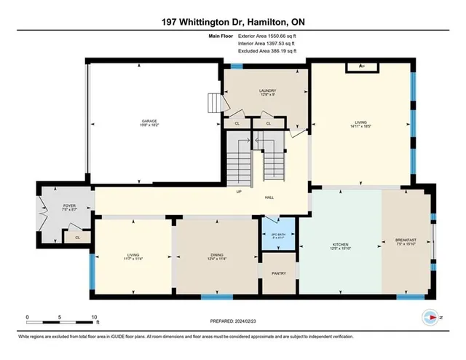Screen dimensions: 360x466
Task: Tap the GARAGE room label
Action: [149, 121]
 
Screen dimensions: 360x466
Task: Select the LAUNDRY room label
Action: [267, 91]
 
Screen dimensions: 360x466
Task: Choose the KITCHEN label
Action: [341, 244]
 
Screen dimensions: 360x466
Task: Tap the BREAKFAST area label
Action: [406, 240]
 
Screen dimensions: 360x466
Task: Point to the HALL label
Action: [269, 197]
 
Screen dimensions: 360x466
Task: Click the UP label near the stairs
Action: [238, 193]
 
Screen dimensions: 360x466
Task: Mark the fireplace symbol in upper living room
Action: [362, 67]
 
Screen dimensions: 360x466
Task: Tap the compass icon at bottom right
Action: [430, 317]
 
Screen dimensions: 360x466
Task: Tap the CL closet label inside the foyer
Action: [76, 237]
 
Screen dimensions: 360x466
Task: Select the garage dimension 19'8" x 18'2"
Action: [149, 126]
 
